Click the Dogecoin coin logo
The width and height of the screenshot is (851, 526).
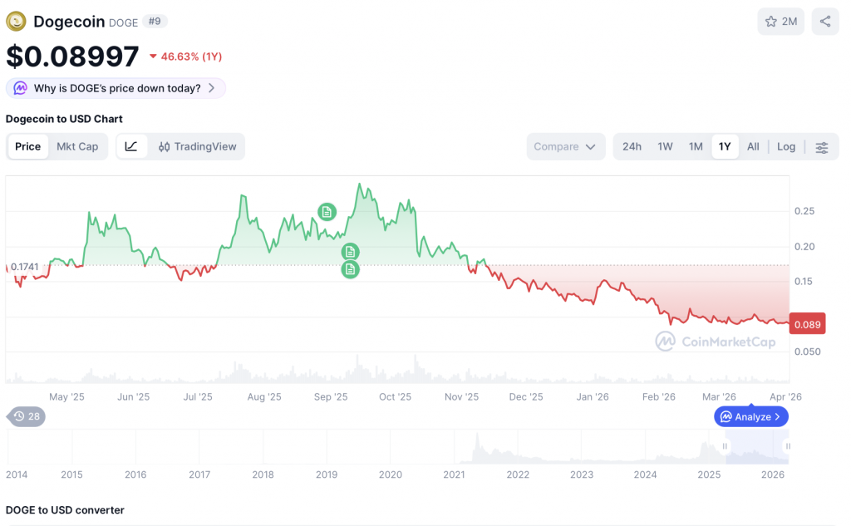[16, 22]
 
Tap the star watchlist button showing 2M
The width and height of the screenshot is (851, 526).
[780, 22]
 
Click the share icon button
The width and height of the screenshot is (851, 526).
[824, 22]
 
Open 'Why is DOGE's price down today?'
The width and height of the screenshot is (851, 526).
[116, 88]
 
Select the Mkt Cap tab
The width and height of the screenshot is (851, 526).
[77, 146]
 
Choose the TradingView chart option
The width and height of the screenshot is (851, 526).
[197, 146]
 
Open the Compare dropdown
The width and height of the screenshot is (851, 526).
[565, 146]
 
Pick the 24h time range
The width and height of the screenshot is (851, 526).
[632, 146]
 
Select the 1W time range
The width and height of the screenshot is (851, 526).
[665, 146]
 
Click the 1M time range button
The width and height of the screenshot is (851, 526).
[696, 146]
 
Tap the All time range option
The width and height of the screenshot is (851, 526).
[753, 146]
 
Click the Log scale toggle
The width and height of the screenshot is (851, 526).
[786, 146]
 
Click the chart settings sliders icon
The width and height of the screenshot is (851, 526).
[822, 147]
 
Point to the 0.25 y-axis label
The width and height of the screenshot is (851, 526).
[804, 211]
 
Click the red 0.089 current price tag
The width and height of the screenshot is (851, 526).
[808, 325]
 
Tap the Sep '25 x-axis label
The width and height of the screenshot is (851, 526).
[331, 397]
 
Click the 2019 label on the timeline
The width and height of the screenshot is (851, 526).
[327, 474]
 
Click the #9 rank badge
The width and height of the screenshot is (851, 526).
[155, 22]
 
